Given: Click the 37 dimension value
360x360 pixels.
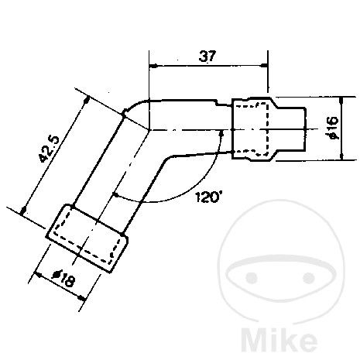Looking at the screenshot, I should (x=207, y=55).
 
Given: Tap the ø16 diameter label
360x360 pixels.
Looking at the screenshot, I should (x=331, y=128).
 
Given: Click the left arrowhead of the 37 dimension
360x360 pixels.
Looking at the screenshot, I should (x=154, y=65).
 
